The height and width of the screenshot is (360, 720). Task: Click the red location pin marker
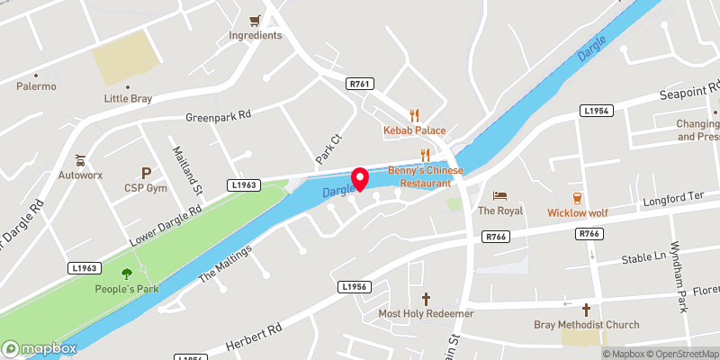pos(360,179)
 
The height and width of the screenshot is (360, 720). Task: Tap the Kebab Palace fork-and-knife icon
pos(414,114)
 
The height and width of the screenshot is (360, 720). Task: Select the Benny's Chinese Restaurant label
pos(426,176)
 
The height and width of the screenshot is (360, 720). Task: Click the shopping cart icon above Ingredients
pos(256,20)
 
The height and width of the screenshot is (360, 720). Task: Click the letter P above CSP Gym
pos(146,172)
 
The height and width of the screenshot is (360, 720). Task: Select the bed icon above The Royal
pos(500,195)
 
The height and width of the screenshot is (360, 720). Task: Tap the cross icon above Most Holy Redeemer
pos(426,297)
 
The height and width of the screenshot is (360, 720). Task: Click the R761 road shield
pos(359,83)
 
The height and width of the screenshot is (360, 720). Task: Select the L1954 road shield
pos(597,111)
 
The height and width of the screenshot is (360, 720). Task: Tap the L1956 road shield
pos(355,286)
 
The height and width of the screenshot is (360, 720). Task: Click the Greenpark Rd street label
pos(218,117)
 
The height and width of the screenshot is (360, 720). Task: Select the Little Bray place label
pos(128,99)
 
